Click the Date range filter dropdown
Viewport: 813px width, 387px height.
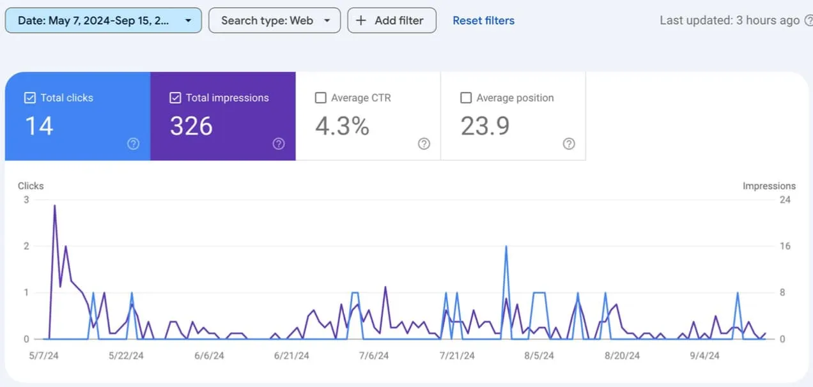[103, 20]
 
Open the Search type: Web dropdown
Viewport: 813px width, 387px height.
[274, 20]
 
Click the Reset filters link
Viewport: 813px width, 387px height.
[483, 20]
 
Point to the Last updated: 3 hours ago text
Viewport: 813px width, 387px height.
[729, 20]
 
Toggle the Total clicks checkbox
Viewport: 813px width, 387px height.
[29, 98]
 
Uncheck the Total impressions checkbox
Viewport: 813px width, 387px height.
[175, 98]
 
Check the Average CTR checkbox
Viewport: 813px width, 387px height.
[321, 98]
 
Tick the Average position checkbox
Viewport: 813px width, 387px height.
[466, 98]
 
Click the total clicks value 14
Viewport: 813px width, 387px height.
[39, 126]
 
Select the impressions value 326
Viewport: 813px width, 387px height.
[191, 126]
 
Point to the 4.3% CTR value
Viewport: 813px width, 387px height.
[342, 126]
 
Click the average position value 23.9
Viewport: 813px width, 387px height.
[485, 126]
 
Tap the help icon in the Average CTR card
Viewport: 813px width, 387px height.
[424, 144]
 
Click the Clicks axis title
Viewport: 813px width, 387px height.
[31, 186]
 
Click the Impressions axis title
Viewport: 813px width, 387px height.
[769, 186]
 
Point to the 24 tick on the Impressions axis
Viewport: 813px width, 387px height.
[785, 200]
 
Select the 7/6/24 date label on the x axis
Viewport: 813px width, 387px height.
[374, 356]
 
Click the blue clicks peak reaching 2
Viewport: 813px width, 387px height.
[506, 247]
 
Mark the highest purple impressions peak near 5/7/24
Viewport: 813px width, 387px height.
[55, 206]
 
